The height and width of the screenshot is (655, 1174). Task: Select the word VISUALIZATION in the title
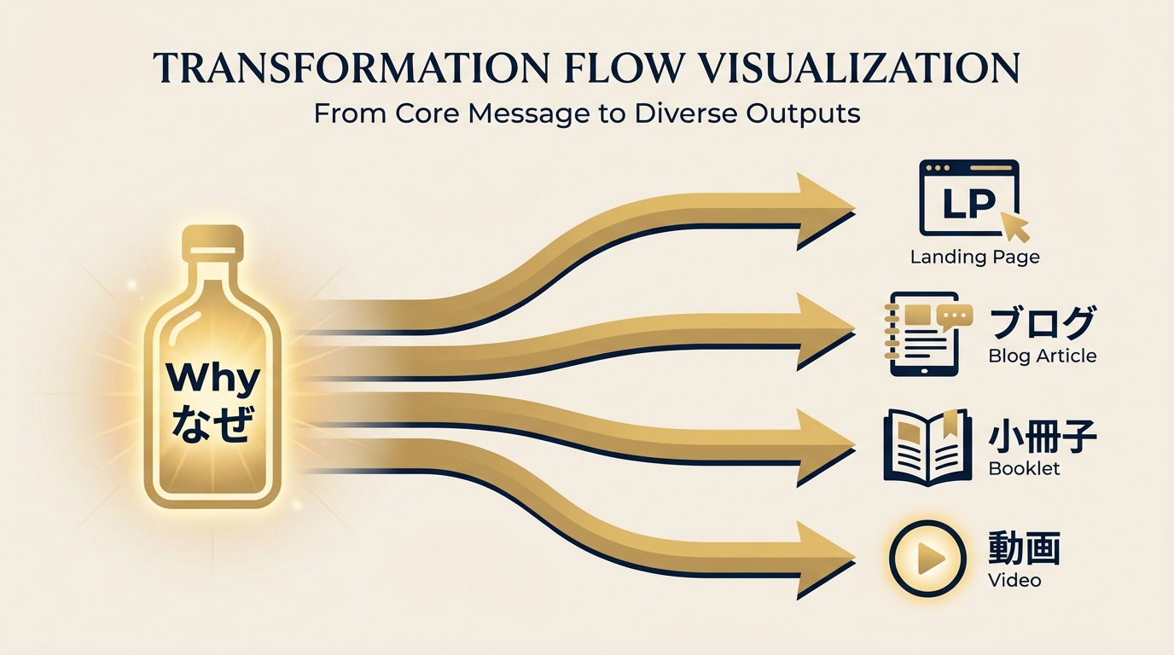point(861,68)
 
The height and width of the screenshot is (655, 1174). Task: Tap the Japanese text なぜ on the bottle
point(212,425)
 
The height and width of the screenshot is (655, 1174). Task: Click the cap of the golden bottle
point(212,239)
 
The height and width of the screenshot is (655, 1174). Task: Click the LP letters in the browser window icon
point(968,203)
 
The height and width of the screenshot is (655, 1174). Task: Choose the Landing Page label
point(975,258)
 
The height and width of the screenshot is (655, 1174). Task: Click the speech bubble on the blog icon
point(955,316)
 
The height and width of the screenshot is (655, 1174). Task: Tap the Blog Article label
point(1043,356)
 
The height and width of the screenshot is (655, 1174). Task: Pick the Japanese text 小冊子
point(1043,438)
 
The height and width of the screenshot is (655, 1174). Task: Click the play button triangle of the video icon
point(930,558)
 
